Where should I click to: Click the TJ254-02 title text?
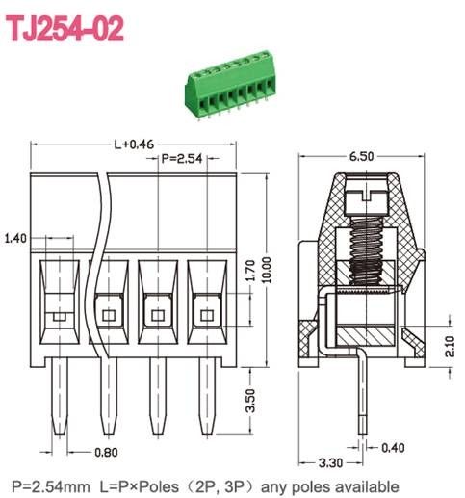[66, 29]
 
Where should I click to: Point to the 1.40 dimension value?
[15, 238]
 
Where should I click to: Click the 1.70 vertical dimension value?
[248, 275]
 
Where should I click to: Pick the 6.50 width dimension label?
[362, 155]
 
